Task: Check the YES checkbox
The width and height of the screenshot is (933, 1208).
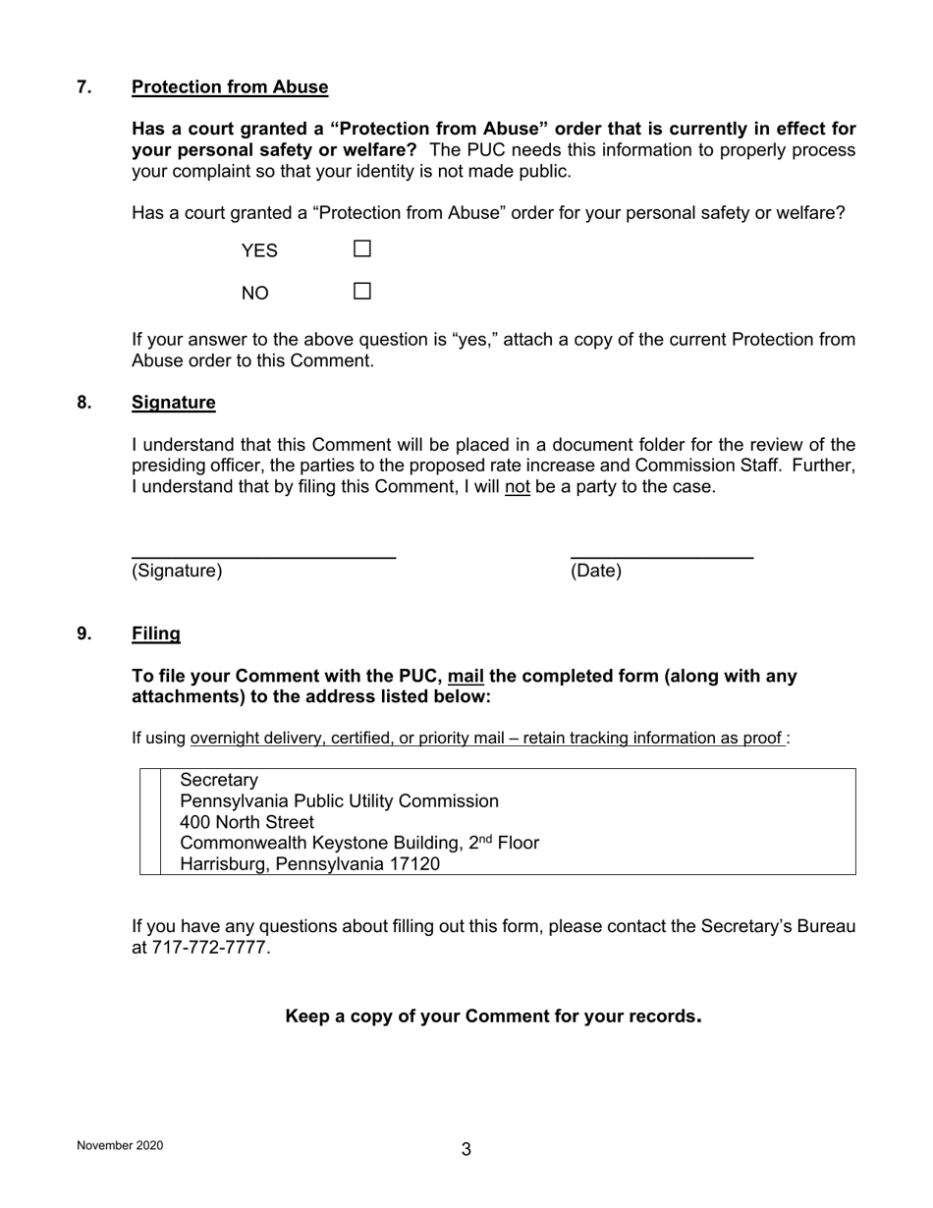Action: [362, 249]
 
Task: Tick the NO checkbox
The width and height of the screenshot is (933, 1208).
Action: [362, 292]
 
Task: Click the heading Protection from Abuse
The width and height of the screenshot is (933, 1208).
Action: [230, 87]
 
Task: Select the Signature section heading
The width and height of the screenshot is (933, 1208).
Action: [174, 403]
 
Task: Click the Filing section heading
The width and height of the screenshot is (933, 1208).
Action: [156, 634]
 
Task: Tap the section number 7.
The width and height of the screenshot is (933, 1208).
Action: [84, 87]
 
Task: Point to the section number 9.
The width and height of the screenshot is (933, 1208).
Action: [84, 634]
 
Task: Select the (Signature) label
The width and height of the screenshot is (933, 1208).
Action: [177, 572]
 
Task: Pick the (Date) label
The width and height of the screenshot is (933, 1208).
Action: [596, 572]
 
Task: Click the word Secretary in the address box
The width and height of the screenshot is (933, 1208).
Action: [219, 781]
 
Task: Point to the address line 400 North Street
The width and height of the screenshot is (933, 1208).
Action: [247, 823]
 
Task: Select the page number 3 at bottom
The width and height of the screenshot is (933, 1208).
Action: [466, 1149]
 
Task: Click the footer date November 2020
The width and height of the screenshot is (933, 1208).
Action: [120, 1146]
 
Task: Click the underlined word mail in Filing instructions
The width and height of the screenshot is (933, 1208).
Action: [466, 677]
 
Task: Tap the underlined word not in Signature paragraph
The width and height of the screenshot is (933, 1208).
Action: [517, 487]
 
